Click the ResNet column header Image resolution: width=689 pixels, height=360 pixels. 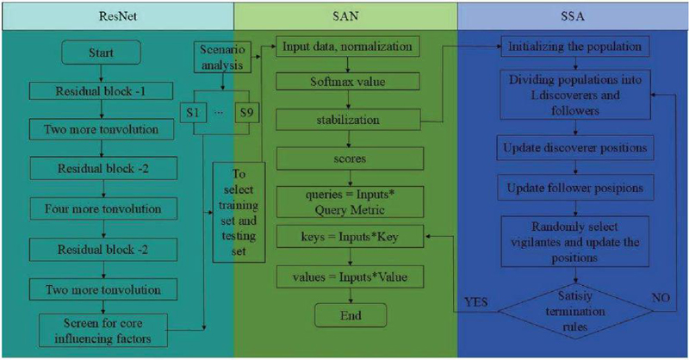coord(117,16)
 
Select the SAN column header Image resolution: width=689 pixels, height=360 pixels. coord(346,16)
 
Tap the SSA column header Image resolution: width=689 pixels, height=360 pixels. coord(573,16)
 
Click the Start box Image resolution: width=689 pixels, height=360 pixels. coord(101,53)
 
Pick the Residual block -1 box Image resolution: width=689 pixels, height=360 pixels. coord(101,91)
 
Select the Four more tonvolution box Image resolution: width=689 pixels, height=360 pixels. coord(103,208)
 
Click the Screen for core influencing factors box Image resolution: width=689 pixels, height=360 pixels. coord(103,331)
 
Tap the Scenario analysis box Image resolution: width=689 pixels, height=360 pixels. coord(222,57)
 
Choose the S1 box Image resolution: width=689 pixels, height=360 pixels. coord(192,113)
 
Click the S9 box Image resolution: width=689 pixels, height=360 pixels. coord(246,113)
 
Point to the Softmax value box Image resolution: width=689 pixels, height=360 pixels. coord(348,82)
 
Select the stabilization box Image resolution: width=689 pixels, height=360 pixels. coord(348,120)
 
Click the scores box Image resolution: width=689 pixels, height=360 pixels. coord(350,158)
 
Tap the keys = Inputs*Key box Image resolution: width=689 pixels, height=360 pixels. coord(350,237)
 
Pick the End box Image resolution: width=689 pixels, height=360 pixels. coord(351,315)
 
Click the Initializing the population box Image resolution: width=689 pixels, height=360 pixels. coord(575,47)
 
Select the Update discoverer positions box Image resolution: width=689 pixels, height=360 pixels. coord(575,147)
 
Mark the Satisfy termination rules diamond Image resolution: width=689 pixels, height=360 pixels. coord(575,311)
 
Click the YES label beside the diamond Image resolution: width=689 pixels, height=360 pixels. coord(476,302)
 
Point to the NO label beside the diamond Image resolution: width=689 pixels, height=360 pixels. coord(661,298)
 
